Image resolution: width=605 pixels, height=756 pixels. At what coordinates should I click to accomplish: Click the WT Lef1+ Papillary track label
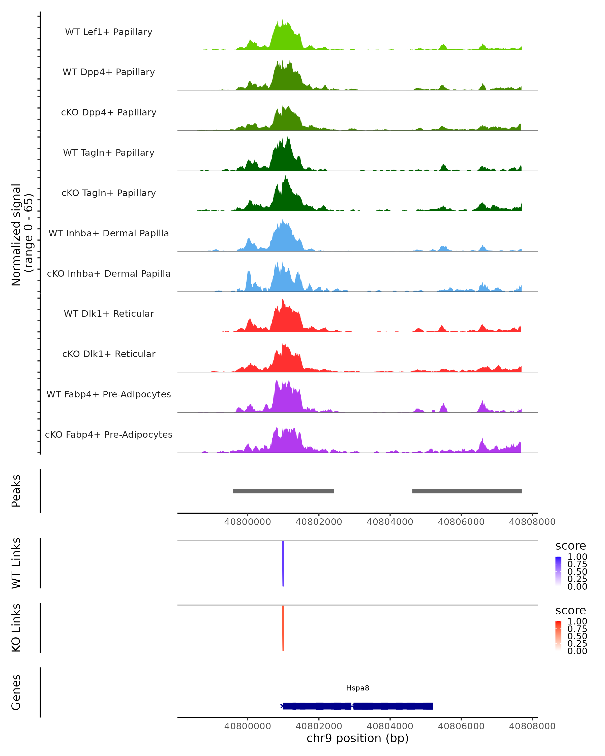[x=109, y=32]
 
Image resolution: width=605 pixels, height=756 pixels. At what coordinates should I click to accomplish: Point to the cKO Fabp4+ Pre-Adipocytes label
[x=109, y=434]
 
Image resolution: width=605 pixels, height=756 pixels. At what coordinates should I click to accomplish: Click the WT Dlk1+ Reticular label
[x=109, y=313]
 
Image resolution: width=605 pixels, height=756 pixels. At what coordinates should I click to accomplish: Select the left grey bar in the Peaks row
[x=283, y=491]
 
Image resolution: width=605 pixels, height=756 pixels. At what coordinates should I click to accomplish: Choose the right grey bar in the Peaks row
[x=467, y=491]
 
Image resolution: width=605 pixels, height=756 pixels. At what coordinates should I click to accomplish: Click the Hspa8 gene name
[x=357, y=688]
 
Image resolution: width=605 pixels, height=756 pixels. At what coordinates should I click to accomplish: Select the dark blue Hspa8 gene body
[x=357, y=706]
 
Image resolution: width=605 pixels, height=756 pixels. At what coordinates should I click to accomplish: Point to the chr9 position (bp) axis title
[x=357, y=738]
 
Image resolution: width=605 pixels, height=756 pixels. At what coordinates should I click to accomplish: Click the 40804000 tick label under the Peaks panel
[x=390, y=522]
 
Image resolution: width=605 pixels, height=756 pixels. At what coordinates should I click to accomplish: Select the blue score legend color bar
[x=558, y=571]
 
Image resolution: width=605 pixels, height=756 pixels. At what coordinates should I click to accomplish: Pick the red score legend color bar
[x=558, y=636]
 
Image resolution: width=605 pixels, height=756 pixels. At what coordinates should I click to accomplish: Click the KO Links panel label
[x=16, y=628]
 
